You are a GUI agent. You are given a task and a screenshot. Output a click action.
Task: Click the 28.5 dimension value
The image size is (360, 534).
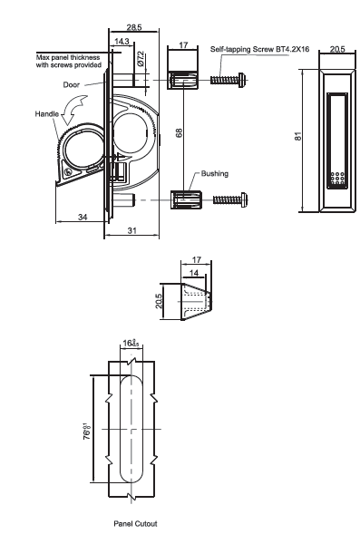click(134, 27)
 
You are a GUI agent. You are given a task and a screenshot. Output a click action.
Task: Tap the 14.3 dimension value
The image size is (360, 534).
click(122, 42)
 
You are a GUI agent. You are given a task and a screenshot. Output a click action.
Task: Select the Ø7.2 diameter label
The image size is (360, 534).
click(141, 58)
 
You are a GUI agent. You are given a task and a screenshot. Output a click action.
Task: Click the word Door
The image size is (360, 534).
click(71, 85)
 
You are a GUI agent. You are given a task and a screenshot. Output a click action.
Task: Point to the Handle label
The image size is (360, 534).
click(46, 113)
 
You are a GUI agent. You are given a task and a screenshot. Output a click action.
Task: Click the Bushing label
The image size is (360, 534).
click(215, 174)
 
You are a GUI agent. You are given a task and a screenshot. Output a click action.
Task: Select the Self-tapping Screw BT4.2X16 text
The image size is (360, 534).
click(259, 49)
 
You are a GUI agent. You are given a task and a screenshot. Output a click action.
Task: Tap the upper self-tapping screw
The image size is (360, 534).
click(228, 80)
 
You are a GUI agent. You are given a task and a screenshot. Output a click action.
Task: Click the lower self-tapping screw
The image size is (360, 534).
click(230, 199)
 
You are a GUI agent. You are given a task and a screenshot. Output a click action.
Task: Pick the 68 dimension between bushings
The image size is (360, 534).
click(179, 132)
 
